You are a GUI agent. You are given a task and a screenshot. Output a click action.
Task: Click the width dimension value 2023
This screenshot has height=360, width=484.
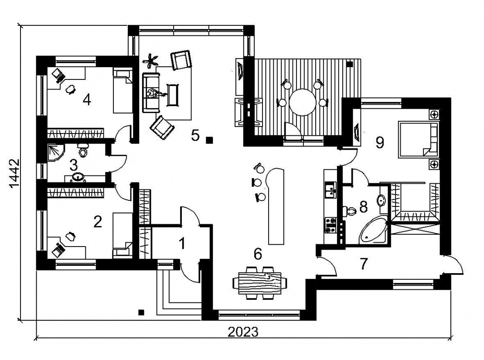(243, 332)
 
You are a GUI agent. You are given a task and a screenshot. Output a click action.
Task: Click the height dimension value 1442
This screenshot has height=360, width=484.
(14, 173)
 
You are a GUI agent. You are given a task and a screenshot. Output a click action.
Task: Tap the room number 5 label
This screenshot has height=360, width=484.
(195, 135)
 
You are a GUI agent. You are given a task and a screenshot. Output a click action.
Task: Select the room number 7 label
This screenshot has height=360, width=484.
(364, 264)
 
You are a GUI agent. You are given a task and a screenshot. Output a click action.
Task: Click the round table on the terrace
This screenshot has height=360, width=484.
(303, 102)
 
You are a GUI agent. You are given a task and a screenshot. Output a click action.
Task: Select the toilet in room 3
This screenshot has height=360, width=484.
(83, 150)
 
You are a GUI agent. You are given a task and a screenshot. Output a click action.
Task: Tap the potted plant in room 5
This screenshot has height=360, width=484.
(150, 61)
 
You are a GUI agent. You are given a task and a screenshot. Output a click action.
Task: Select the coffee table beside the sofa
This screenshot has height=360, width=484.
(173, 95)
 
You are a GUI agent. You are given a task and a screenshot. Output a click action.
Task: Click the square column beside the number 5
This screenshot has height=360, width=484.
(210, 141)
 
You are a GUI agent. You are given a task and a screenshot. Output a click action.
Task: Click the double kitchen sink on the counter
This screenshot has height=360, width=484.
(331, 189)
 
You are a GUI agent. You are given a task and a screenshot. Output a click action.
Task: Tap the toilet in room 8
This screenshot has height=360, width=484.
(349, 211)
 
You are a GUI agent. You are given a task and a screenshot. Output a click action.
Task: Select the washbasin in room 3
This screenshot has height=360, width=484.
(78, 177)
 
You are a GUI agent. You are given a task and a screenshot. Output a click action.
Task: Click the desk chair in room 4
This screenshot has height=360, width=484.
(71, 89)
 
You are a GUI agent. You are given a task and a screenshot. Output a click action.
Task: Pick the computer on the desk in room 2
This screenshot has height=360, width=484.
(58, 249)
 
